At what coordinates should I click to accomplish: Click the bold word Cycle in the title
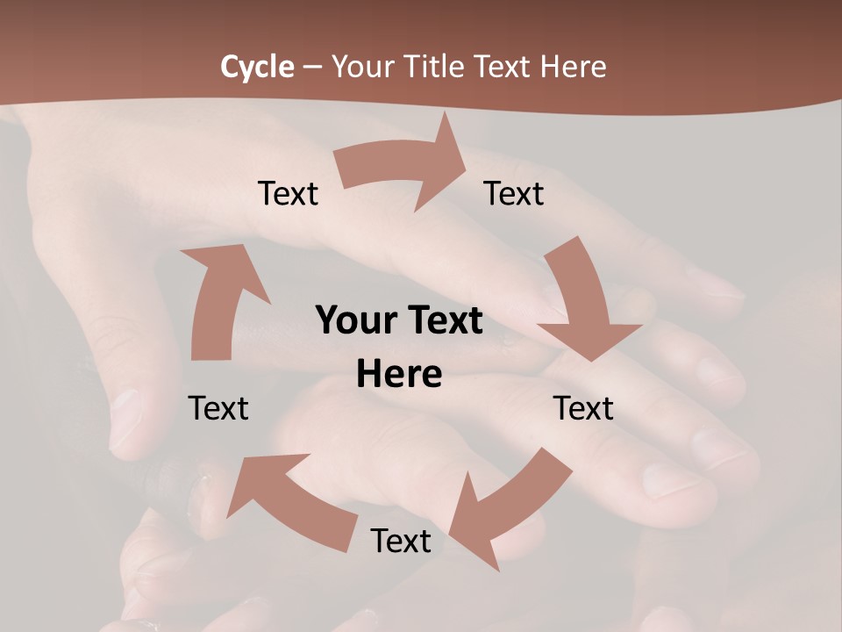tap(257, 67)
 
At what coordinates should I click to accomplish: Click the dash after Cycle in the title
tap(312, 67)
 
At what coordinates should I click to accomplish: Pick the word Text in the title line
tap(501, 67)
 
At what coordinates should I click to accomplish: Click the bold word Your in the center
tap(353, 320)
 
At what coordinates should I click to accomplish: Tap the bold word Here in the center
tap(399, 375)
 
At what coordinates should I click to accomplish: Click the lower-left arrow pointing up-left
tap(281, 500)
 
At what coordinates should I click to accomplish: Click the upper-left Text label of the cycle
tap(288, 194)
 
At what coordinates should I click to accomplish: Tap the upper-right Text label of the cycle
tap(514, 194)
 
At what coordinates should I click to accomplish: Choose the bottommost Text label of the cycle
tap(401, 541)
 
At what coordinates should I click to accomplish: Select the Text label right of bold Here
tap(583, 408)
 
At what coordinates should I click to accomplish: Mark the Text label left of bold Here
tap(218, 408)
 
